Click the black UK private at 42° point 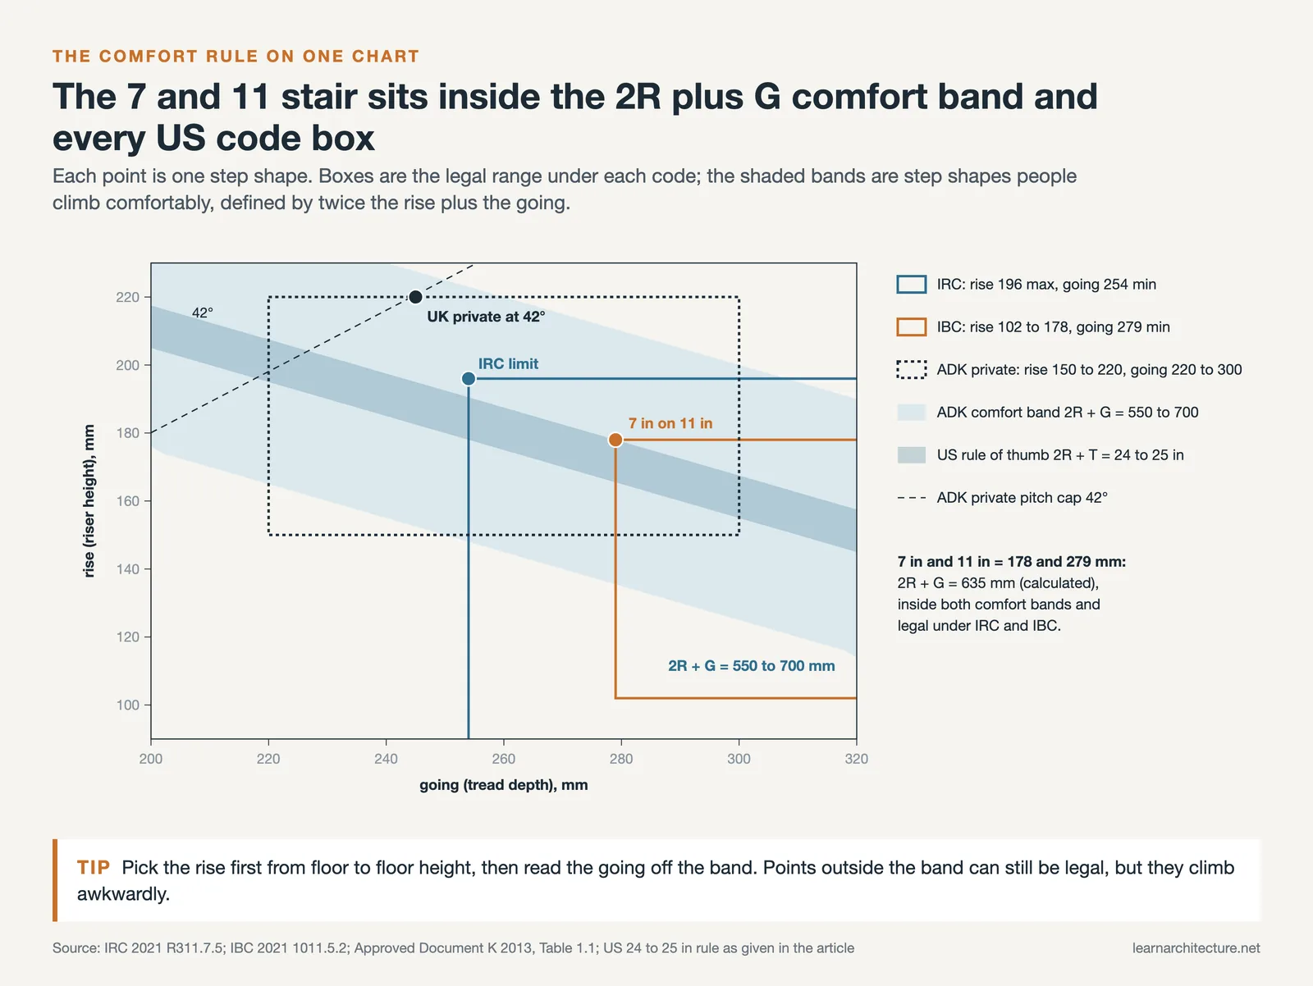pyautogui.click(x=415, y=297)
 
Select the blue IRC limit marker pyautogui.click(x=469, y=378)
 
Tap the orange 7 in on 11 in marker pyautogui.click(x=615, y=440)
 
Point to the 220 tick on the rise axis pyautogui.click(x=147, y=297)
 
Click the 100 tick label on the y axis pyautogui.click(x=127, y=705)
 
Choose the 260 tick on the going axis pyautogui.click(x=504, y=742)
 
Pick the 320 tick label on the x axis pyautogui.click(x=856, y=759)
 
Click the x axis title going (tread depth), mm pyautogui.click(x=504, y=784)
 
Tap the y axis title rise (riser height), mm pyautogui.click(x=89, y=500)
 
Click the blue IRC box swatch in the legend pyautogui.click(x=912, y=284)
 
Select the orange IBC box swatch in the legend pyautogui.click(x=912, y=327)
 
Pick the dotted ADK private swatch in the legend pyautogui.click(x=912, y=369)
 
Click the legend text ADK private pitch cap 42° pyautogui.click(x=1022, y=497)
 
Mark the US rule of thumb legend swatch pyautogui.click(x=912, y=455)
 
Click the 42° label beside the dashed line pyautogui.click(x=202, y=313)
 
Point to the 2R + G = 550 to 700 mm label pyautogui.click(x=752, y=665)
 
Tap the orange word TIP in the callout pyautogui.click(x=94, y=867)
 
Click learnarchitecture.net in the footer pyautogui.click(x=1196, y=947)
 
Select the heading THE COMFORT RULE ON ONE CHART pyautogui.click(x=236, y=57)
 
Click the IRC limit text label pyautogui.click(x=508, y=363)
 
